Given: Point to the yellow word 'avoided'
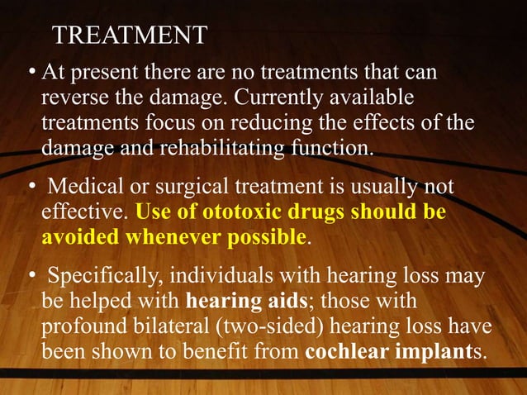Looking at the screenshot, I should tap(79, 238).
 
